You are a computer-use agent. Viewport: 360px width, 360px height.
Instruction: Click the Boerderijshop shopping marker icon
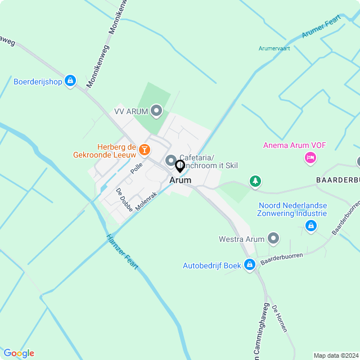(70, 81)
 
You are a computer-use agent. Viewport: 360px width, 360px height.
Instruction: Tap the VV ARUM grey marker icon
(157, 111)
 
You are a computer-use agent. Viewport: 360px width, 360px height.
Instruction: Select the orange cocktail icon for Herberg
(145, 149)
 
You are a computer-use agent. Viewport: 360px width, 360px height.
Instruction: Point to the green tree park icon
(256, 181)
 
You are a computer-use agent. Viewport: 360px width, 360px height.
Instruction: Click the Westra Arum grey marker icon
(274, 239)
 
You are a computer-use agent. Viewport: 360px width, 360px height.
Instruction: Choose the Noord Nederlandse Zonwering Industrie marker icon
(310, 226)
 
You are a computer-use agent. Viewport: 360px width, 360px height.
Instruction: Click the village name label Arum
(180, 180)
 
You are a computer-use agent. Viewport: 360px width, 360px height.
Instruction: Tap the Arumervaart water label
(274, 48)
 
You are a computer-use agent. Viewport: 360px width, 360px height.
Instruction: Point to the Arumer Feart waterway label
(321, 27)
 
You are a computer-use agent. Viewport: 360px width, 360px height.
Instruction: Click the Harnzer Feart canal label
(122, 251)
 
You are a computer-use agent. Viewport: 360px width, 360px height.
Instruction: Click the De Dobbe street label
(125, 199)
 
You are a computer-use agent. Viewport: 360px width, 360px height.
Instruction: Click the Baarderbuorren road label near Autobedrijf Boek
(281, 259)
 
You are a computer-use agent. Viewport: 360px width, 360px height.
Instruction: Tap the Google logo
(19, 353)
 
